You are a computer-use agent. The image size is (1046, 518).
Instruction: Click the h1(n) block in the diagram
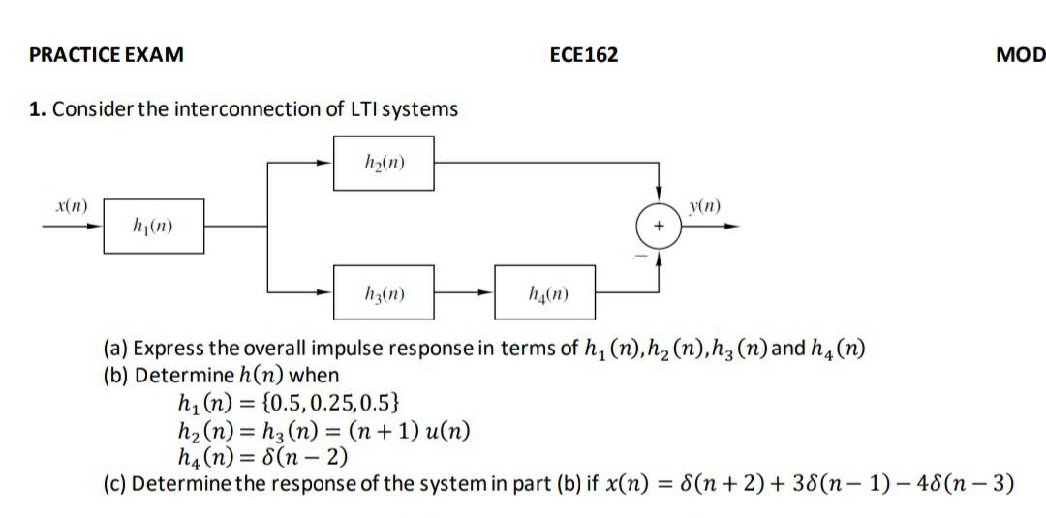154,226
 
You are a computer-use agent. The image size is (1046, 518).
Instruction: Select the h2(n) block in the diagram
384,162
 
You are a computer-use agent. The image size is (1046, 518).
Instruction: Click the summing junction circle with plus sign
659,227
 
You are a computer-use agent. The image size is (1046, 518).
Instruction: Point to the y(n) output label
704,207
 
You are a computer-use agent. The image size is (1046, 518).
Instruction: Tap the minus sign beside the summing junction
639,257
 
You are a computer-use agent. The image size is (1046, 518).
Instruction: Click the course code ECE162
583,55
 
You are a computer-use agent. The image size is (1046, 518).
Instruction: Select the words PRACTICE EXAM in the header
107,55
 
